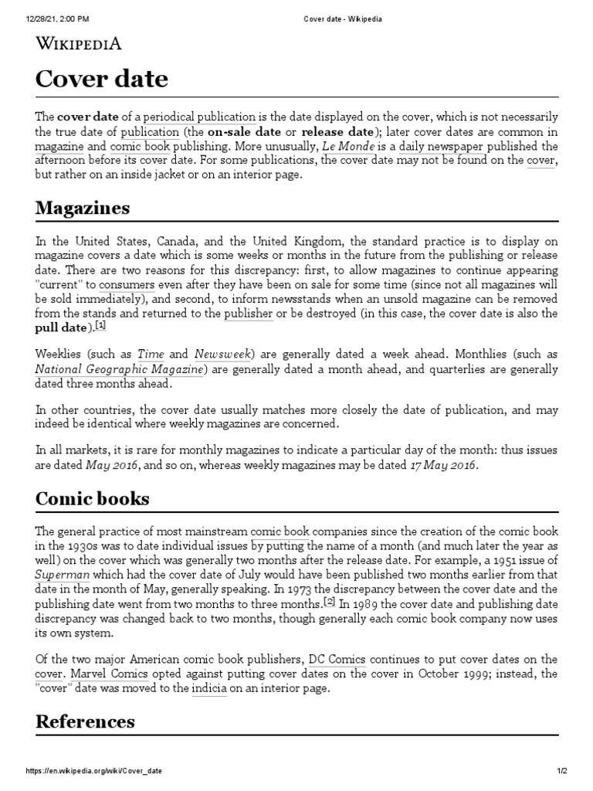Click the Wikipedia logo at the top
(x=79, y=43)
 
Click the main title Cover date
(x=102, y=80)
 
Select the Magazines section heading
(x=83, y=209)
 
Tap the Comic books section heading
(x=93, y=498)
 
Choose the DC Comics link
(x=337, y=659)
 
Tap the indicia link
(x=209, y=688)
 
